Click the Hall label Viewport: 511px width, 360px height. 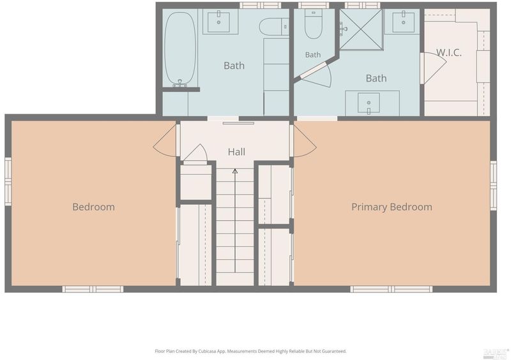pos(236,151)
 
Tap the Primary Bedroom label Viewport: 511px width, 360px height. pos(392,207)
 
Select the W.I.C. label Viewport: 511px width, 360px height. pos(449,53)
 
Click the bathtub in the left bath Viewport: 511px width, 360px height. pos(180,49)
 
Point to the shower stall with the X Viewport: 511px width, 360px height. pos(361,29)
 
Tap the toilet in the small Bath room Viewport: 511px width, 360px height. pos(314,24)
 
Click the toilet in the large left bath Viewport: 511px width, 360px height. pos(274,27)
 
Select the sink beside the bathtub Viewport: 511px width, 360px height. pos(218,22)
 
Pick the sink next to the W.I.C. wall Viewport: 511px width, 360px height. pos(404,22)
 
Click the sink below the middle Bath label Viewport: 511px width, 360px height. pos(369,103)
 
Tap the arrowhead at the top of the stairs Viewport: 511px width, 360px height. pos(235,171)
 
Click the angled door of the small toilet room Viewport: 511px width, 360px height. pos(313,70)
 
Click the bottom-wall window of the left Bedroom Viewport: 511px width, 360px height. pos(93,289)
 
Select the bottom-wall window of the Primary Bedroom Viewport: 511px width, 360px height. pos(392,289)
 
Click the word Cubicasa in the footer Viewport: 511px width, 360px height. pos(209,351)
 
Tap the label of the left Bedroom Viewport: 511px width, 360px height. pos(93,207)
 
